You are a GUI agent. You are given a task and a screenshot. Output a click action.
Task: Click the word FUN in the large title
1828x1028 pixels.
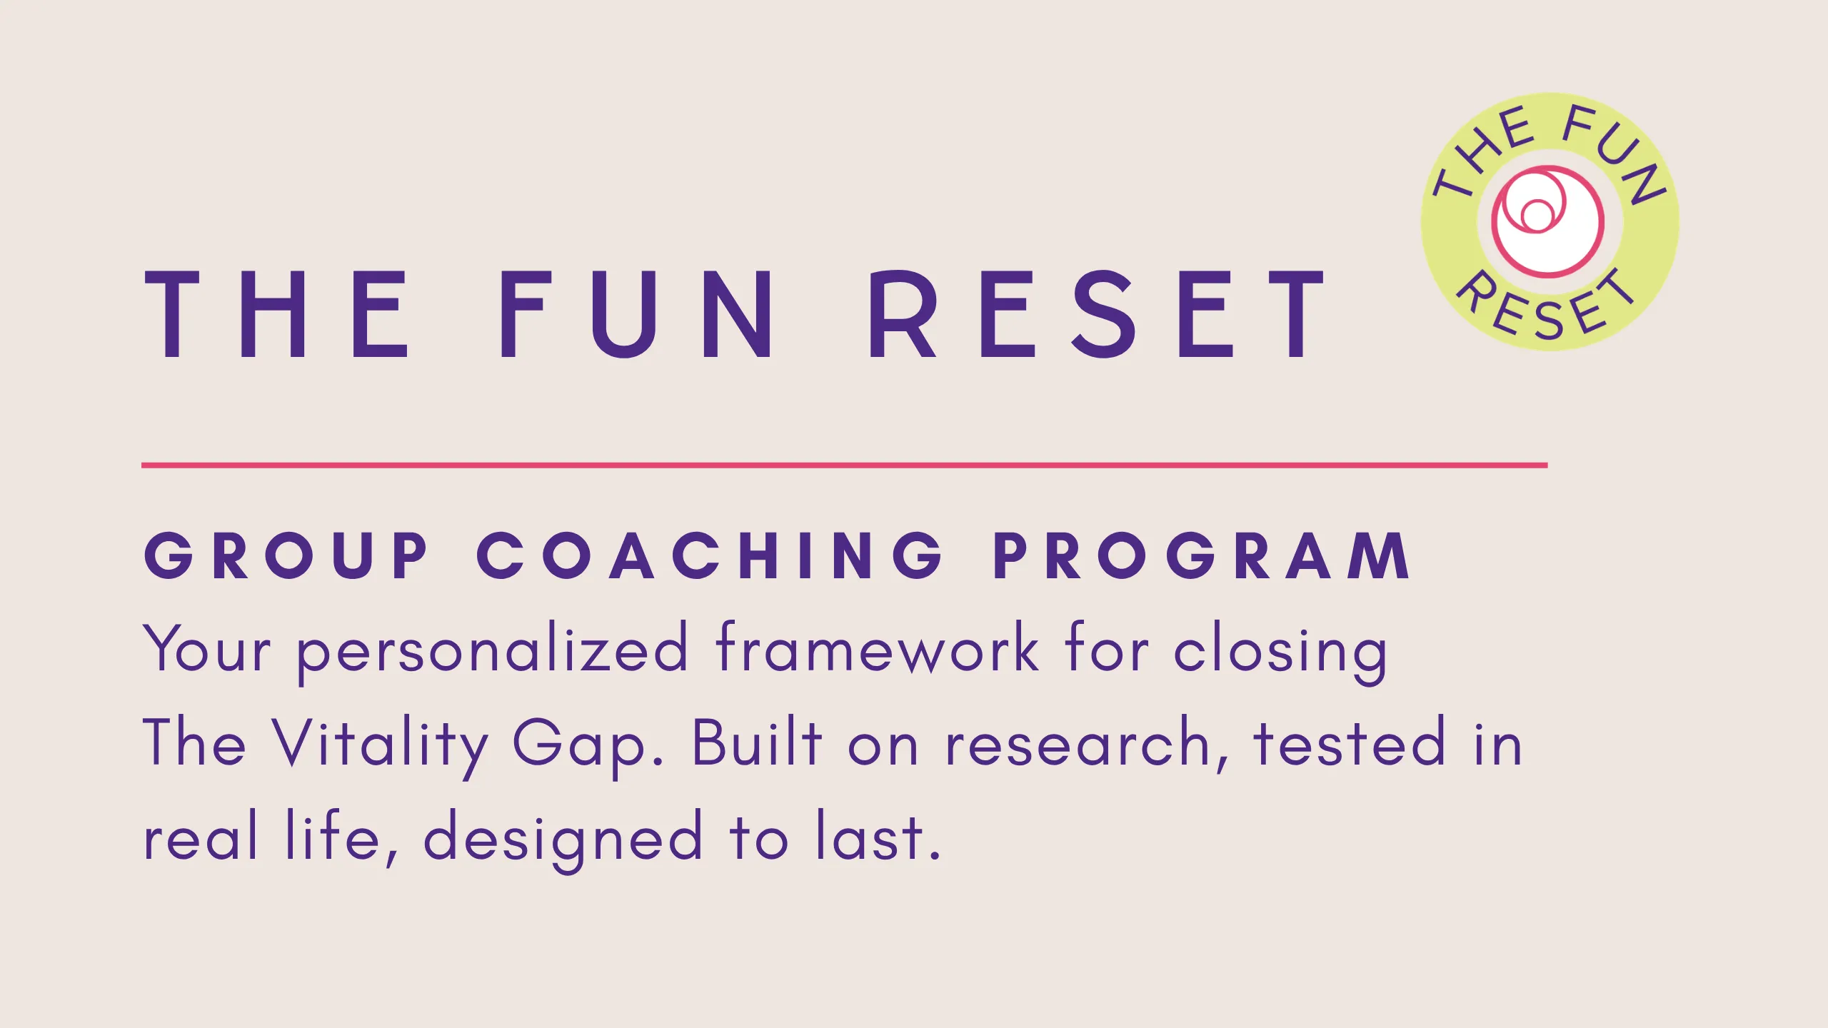click(x=635, y=314)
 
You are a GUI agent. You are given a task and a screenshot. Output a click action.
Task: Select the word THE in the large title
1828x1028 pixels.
click(x=276, y=314)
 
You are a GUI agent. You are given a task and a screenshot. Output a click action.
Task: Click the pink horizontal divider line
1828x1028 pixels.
click(x=844, y=465)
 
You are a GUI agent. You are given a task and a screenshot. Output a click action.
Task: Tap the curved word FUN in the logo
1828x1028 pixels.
click(x=1615, y=151)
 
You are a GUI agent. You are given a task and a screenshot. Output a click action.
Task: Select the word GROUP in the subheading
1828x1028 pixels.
click(x=285, y=555)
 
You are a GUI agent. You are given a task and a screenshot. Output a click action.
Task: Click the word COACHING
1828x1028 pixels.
click(x=710, y=555)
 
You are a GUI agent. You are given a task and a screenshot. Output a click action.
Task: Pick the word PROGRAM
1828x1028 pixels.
click(x=1202, y=555)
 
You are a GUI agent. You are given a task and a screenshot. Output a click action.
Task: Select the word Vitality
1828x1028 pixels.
click(x=379, y=746)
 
